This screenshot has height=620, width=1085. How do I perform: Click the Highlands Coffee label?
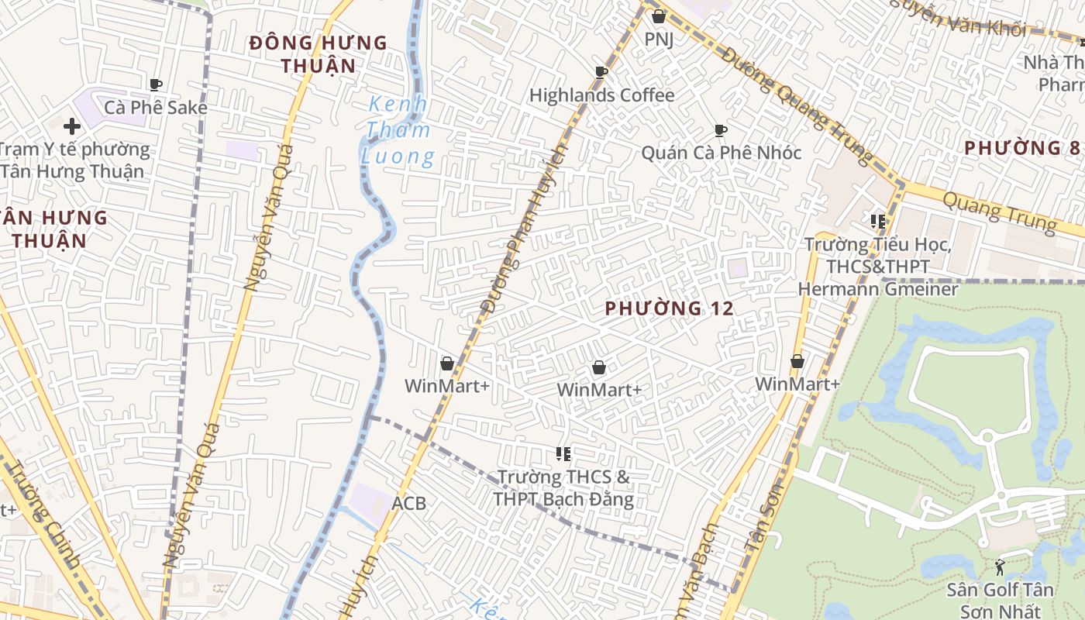tap(601, 95)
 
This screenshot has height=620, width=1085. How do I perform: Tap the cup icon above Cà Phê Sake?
tap(155, 84)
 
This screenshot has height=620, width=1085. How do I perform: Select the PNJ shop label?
tap(659, 38)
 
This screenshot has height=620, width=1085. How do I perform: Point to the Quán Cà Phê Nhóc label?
tap(721, 153)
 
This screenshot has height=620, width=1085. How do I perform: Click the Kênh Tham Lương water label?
tap(397, 130)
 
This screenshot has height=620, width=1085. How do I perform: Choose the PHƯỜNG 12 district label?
tap(669, 308)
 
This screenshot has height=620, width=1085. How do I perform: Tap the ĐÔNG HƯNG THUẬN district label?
tap(318, 54)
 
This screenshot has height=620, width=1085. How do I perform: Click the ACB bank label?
tap(408, 504)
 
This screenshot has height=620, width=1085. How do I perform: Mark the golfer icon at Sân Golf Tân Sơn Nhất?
tap(1000, 568)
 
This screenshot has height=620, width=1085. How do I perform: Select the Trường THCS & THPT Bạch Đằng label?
tap(563, 487)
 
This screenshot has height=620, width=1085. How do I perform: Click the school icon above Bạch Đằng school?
tap(563, 453)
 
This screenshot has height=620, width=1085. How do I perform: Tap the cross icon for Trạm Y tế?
tap(72, 126)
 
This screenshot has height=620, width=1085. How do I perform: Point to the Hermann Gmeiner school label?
tap(878, 267)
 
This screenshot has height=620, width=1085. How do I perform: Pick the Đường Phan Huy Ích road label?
tap(525, 229)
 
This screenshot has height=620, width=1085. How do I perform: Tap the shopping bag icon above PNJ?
tap(659, 15)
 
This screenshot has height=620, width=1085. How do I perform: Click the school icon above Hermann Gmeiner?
tap(878, 222)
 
